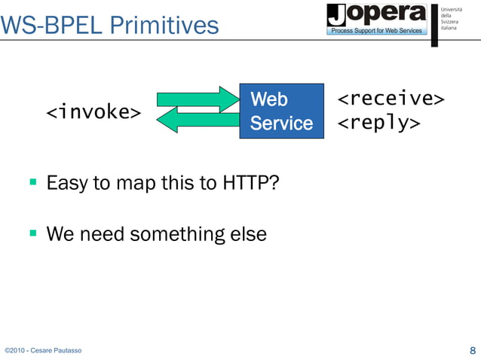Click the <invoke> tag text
(93, 113)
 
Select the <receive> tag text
(390, 99)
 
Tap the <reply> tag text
(378, 123)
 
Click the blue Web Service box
(281, 111)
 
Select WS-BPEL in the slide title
(51, 26)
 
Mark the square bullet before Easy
(32, 182)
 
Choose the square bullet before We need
(32, 233)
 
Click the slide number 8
(472, 350)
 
